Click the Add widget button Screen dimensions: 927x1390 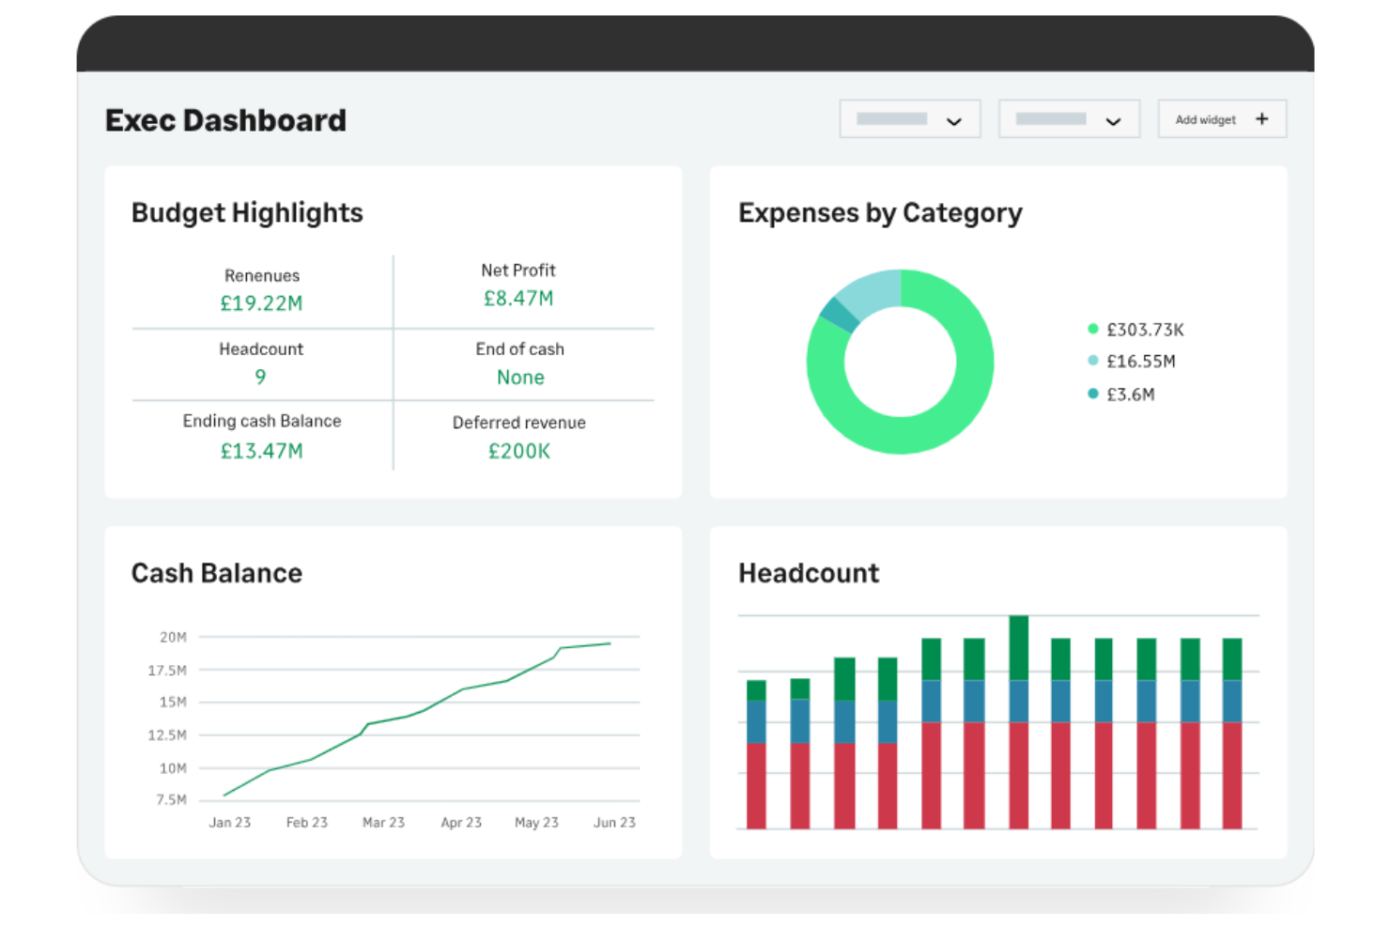click(1221, 119)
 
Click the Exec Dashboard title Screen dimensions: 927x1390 click(225, 120)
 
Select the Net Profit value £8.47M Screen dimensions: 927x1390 click(518, 299)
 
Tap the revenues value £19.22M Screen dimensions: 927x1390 click(261, 303)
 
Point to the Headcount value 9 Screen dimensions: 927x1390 click(260, 377)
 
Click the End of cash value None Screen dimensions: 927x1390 click(520, 378)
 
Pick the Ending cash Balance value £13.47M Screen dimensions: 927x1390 click(261, 451)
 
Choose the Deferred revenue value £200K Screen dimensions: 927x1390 click(518, 451)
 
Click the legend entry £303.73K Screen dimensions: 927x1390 click(1144, 330)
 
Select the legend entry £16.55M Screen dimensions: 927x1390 click(1140, 362)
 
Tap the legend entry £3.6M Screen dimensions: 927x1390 click(1130, 394)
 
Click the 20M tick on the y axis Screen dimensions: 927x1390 click(173, 637)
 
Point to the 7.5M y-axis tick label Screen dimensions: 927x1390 click(171, 800)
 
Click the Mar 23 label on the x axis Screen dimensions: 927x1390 click(383, 823)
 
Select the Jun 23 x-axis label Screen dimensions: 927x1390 click(614, 823)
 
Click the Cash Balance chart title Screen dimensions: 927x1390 click(216, 573)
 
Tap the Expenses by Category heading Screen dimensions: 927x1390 click(880, 213)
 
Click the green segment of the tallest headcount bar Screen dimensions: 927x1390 click(1018, 648)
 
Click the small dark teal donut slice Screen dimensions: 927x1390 click(839, 315)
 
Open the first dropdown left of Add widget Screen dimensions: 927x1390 click(909, 119)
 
